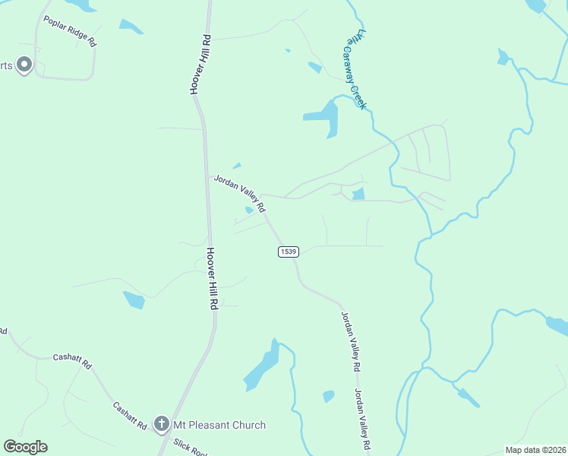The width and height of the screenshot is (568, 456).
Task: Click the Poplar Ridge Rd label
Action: [70, 31]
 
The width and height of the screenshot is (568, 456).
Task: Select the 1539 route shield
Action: [288, 252]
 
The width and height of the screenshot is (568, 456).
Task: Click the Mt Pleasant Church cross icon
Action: [161, 424]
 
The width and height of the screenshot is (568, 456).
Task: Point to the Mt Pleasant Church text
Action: [219, 425]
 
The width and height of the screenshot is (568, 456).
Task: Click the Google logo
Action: [25, 447]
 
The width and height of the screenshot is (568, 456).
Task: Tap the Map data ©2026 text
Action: [535, 450]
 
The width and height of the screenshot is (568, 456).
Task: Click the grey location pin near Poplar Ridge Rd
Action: [24, 65]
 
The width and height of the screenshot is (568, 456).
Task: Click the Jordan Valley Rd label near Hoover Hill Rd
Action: [239, 193]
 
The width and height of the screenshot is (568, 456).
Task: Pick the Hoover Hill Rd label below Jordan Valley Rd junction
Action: [213, 277]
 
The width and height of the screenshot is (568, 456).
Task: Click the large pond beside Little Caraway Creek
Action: [324, 118]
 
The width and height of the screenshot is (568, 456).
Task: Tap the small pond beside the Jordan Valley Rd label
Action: [249, 210]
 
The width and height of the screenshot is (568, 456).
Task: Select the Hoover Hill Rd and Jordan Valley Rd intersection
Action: [207, 176]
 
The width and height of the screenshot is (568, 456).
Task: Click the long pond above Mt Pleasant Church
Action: [263, 367]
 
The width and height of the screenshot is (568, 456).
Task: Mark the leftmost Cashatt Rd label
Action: [72, 362]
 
